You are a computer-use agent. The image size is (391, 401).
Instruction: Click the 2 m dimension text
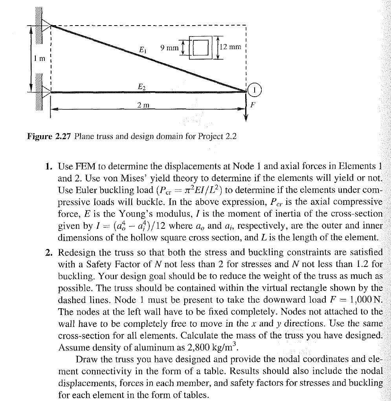coord(143,106)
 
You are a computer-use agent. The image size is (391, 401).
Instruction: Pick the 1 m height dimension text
coord(40,59)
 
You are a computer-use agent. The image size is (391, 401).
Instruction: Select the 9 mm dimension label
coord(169,48)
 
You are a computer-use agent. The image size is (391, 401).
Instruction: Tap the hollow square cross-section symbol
coord(200,48)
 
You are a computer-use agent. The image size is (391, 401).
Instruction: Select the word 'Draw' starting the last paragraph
coord(85,359)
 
